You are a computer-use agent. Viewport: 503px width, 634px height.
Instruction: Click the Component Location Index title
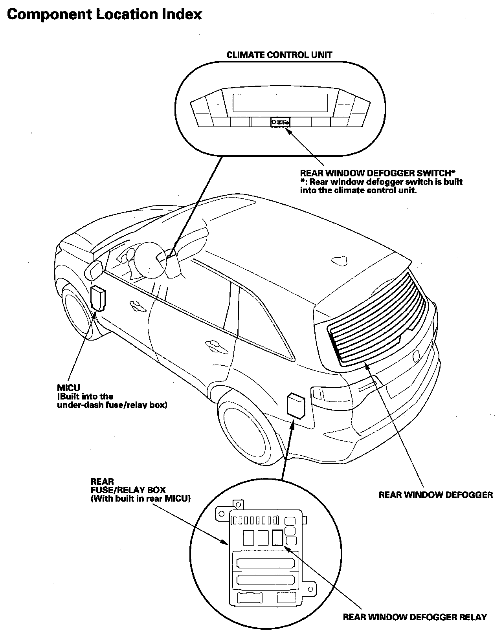105,15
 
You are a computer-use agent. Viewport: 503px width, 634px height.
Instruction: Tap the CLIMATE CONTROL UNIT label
279,55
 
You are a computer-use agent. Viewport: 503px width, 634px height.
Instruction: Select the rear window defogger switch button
280,122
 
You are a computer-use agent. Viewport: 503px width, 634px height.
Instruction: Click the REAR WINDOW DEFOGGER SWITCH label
377,173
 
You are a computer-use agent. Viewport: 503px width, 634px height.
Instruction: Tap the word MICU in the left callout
68,388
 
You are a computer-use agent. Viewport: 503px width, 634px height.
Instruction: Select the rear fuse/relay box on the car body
296,405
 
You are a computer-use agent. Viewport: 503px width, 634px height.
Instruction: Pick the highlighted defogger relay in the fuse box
277,537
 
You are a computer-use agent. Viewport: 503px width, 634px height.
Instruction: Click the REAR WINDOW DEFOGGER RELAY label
415,617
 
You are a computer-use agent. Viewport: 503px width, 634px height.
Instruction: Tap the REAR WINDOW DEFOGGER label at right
435,495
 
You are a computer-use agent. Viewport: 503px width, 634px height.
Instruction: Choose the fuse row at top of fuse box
256,520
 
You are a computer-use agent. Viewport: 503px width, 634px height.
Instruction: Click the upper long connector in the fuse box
265,562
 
